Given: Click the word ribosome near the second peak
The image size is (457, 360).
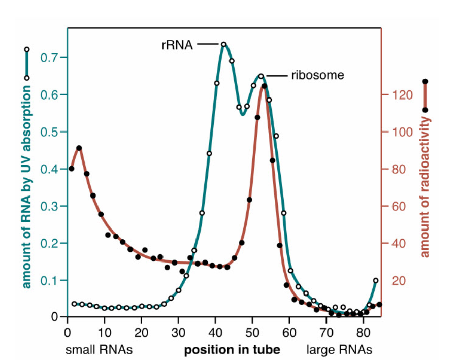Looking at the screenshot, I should pos(317,76).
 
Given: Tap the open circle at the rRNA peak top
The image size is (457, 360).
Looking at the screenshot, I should pos(224,45).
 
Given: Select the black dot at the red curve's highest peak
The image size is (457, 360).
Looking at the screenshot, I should pos(264,86).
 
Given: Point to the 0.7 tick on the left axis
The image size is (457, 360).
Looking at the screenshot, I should pos(64,57).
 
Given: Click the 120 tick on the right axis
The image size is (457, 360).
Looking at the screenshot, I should pos(384,95).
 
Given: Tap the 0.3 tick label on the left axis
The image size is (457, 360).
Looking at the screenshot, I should pos(50,206).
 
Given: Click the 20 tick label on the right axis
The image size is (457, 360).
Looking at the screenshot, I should pos(397,281).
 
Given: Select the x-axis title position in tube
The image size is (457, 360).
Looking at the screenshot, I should pos(232,350).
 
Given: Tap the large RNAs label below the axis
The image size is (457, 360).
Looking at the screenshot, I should pos(339,350).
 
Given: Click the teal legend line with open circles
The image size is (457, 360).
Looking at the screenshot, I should pos(27,63).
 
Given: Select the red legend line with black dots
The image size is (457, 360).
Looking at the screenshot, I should pos(425,95).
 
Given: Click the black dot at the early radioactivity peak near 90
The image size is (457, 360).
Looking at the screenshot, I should pos(79,148).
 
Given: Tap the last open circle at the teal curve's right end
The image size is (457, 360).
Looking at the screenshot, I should pos(376,280).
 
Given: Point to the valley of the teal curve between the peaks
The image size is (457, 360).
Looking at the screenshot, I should pos(243,114).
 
